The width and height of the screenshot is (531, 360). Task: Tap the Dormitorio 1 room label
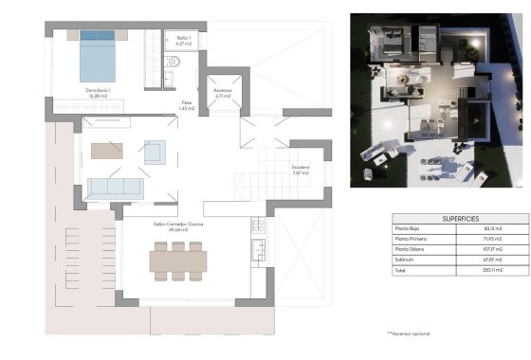click(x=100, y=91)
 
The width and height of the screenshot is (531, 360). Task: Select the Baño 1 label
click(x=184, y=40)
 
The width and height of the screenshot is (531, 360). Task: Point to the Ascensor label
click(x=224, y=93)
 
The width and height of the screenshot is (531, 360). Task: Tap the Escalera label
click(x=302, y=171)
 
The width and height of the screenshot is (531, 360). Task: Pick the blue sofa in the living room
click(x=116, y=187)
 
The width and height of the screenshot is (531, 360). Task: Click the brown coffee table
click(x=106, y=150)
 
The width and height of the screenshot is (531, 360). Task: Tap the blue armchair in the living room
click(x=155, y=152)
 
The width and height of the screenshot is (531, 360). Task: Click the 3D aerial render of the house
click(x=431, y=99)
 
